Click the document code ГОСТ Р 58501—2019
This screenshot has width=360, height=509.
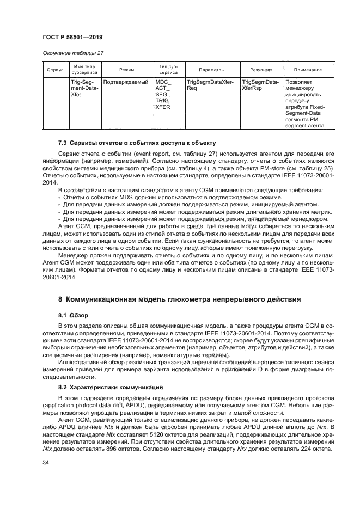(x=72, y=37)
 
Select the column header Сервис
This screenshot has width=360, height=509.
(x=55, y=70)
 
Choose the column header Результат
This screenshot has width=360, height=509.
(x=261, y=70)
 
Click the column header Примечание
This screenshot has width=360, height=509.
(x=307, y=70)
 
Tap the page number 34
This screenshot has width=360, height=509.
(x=46, y=462)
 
